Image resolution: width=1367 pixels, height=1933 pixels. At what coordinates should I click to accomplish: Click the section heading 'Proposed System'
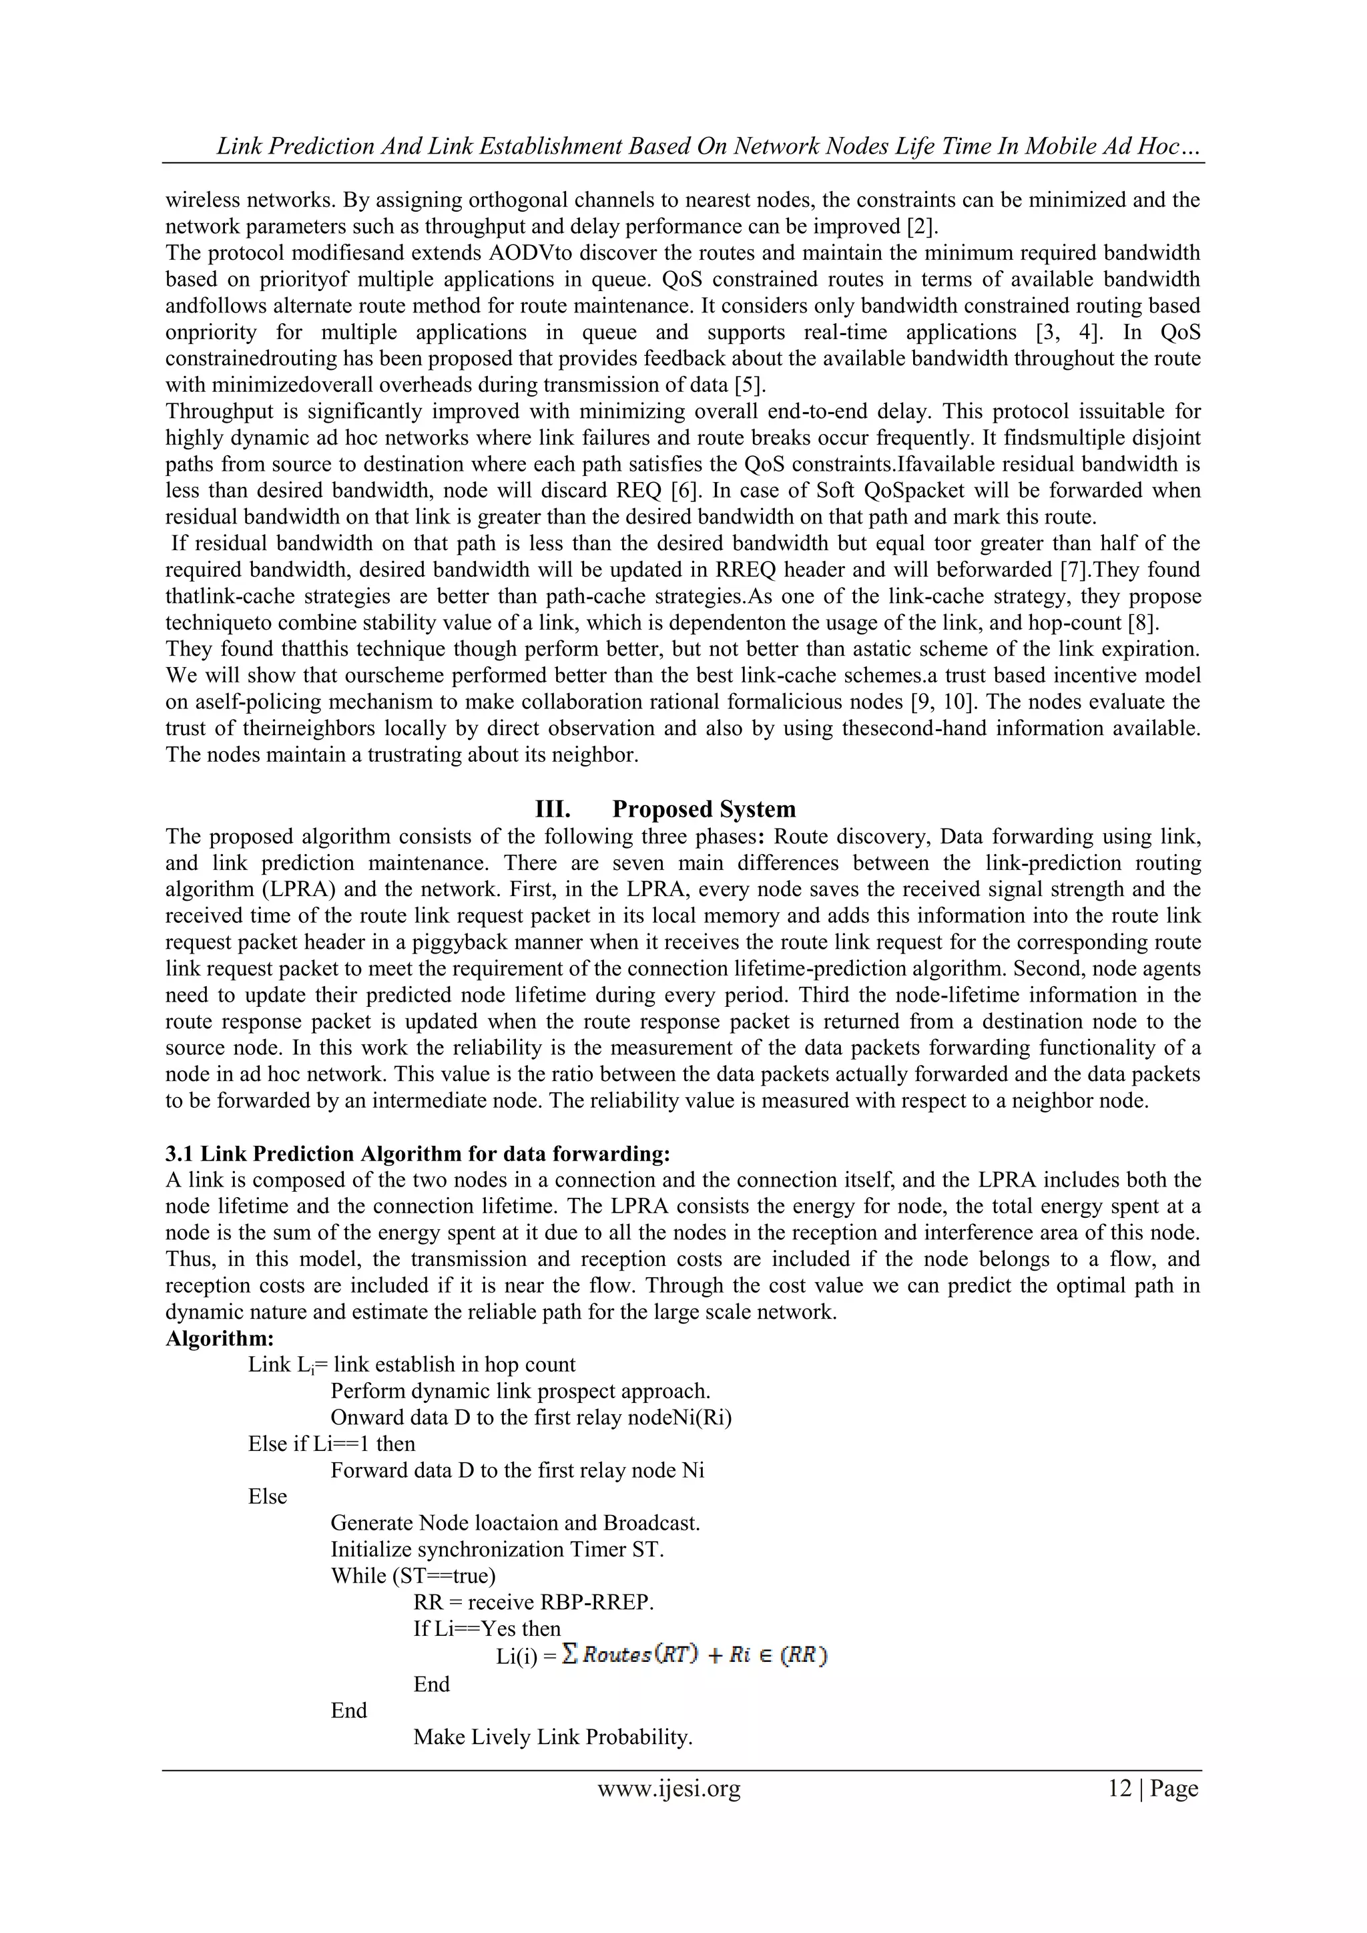pyautogui.click(x=703, y=809)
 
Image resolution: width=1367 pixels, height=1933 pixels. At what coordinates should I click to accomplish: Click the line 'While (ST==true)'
pyautogui.click(x=413, y=1576)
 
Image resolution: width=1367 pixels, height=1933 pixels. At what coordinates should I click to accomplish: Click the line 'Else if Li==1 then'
pyautogui.click(x=332, y=1444)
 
